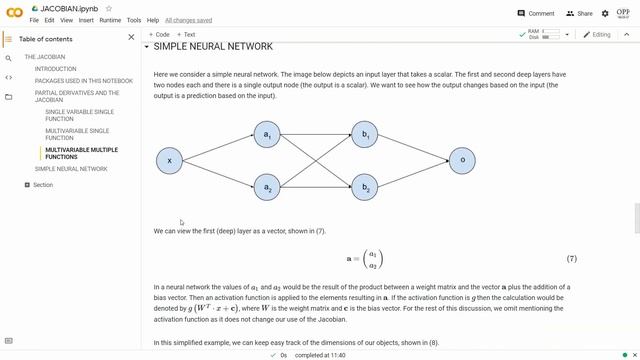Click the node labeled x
(x=170, y=160)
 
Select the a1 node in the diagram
(x=266, y=133)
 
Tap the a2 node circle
(x=266, y=186)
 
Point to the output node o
(x=461, y=160)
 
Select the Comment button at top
(x=536, y=14)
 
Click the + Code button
(x=159, y=34)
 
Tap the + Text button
(x=185, y=34)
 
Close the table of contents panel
(x=131, y=37)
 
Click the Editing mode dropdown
(x=598, y=34)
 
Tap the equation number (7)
(x=571, y=259)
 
